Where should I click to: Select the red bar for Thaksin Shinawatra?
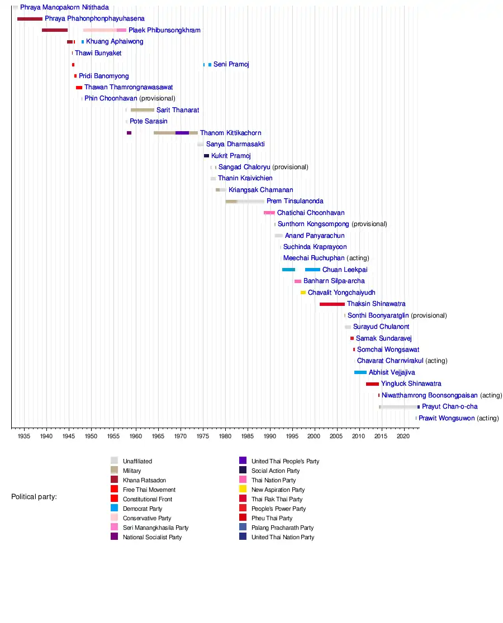(x=332, y=304)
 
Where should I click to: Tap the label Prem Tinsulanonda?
(x=295, y=202)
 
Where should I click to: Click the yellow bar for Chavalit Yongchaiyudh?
(x=303, y=293)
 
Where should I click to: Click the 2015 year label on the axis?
(x=381, y=435)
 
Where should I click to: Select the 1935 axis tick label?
(x=23, y=435)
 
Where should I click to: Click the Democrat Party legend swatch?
(x=114, y=509)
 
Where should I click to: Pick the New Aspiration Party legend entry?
(x=278, y=490)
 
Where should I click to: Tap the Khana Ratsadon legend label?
(x=144, y=480)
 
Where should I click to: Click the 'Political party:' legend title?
(x=34, y=497)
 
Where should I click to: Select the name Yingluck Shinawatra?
(x=411, y=384)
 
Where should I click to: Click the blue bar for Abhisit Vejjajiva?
(x=360, y=372)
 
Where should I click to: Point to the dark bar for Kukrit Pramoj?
(x=206, y=156)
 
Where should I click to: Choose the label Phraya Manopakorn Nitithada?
(x=64, y=8)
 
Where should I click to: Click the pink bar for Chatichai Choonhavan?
(x=269, y=213)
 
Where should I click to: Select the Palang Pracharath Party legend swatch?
(x=243, y=528)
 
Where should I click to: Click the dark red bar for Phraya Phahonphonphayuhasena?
(x=30, y=19)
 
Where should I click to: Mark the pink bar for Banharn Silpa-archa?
(x=298, y=281)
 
